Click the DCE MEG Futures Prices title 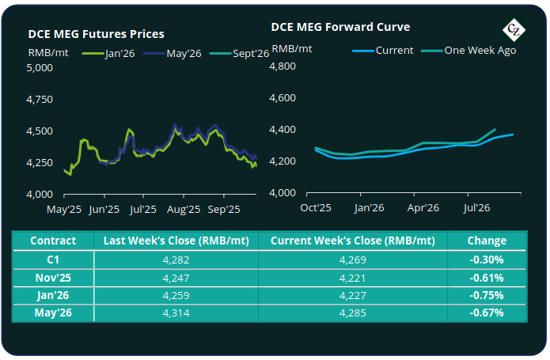click(x=96, y=34)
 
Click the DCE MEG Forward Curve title click(x=340, y=26)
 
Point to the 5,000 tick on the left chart click(x=39, y=68)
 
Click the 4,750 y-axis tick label click(x=39, y=100)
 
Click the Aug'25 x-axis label click(x=183, y=210)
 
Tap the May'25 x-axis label click(x=64, y=210)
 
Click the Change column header click(x=487, y=240)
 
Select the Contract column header click(x=53, y=240)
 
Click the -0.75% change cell click(x=487, y=294)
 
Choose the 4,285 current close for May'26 click(x=352, y=313)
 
